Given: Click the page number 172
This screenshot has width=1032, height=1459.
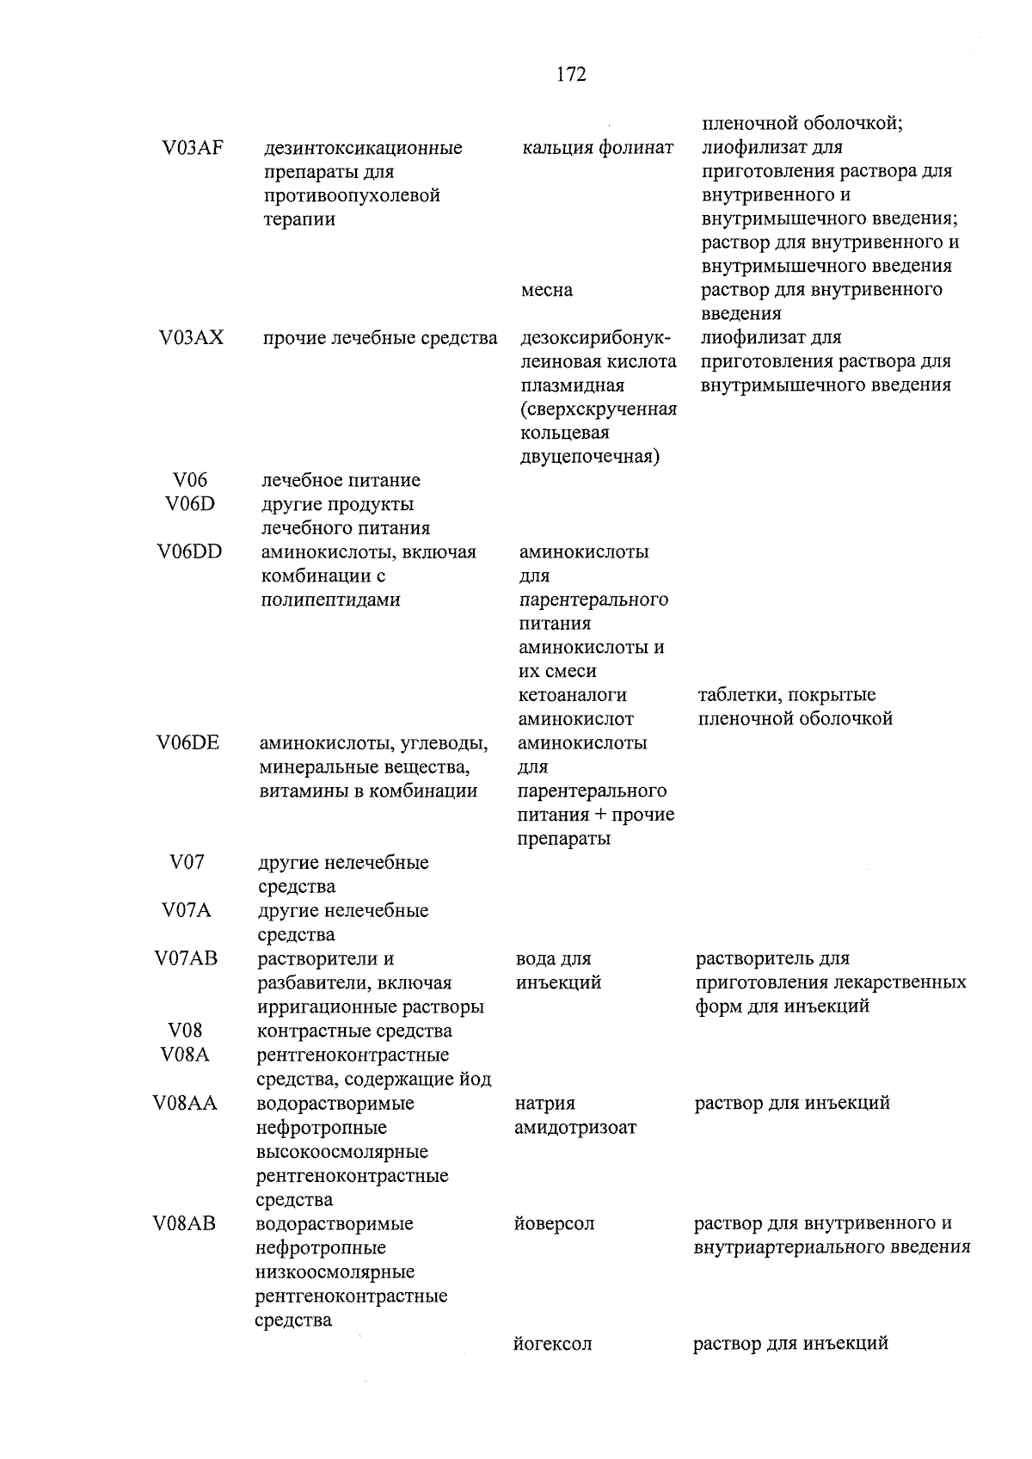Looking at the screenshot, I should pyautogui.click(x=571, y=75).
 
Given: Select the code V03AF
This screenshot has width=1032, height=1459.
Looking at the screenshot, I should pyautogui.click(x=192, y=147).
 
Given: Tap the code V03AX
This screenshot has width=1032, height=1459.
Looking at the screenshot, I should pyautogui.click(x=191, y=337).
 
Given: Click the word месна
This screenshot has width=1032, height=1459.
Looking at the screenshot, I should pyautogui.click(x=546, y=290).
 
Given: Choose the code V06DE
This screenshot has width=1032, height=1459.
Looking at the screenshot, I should pyautogui.click(x=188, y=742).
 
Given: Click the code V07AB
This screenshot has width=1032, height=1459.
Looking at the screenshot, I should pyautogui.click(x=187, y=958).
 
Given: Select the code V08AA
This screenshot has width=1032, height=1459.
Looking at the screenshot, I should pyautogui.click(x=185, y=1103).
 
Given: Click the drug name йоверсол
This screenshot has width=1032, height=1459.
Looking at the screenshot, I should pyautogui.click(x=554, y=1223).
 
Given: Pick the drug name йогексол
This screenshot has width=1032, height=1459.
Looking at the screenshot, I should pyautogui.click(x=552, y=1344).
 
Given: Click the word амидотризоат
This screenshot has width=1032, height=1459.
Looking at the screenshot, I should pyautogui.click(x=575, y=1127).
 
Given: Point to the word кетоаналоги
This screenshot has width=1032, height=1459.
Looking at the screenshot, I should pyautogui.click(x=573, y=695).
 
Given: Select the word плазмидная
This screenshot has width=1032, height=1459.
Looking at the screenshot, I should pyautogui.click(x=572, y=385).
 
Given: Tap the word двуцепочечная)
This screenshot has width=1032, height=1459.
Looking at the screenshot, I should pyautogui.click(x=590, y=457).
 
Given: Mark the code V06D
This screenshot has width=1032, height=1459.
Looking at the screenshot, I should pyautogui.click(x=190, y=504).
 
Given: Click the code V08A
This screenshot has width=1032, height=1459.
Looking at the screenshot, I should pyautogui.click(x=185, y=1055).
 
